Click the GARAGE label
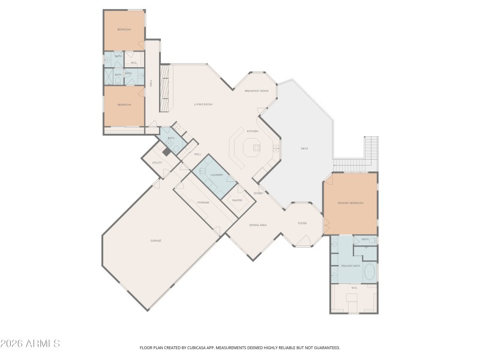pyautogui.click(x=156, y=240)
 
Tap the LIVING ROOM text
pyautogui.click(x=203, y=104)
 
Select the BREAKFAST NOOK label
pyautogui.click(x=256, y=91)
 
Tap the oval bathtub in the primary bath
pyautogui.click(x=369, y=273)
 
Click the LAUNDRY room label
pyautogui.click(x=217, y=175)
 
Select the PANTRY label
pyautogui.click(x=236, y=200)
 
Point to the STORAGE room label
pyautogui.click(x=203, y=203)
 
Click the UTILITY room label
pyautogui.click(x=157, y=162)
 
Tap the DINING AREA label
pyautogui.click(x=258, y=224)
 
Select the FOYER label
pyautogui.click(x=302, y=223)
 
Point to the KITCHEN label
pyautogui.click(x=253, y=131)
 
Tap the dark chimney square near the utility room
pyautogui.click(x=166, y=152)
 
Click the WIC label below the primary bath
pyautogui.click(x=354, y=288)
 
